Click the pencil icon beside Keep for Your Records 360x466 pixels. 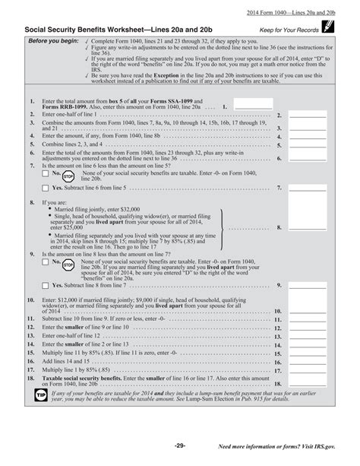click(328, 27)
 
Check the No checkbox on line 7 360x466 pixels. click(46, 173)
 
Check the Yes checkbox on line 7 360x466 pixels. click(46, 186)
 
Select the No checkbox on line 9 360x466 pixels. click(46, 261)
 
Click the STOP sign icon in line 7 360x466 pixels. click(68, 175)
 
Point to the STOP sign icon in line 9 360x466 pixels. click(68, 262)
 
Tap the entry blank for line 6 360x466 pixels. click(308, 159)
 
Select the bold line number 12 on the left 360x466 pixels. click(31, 326)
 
